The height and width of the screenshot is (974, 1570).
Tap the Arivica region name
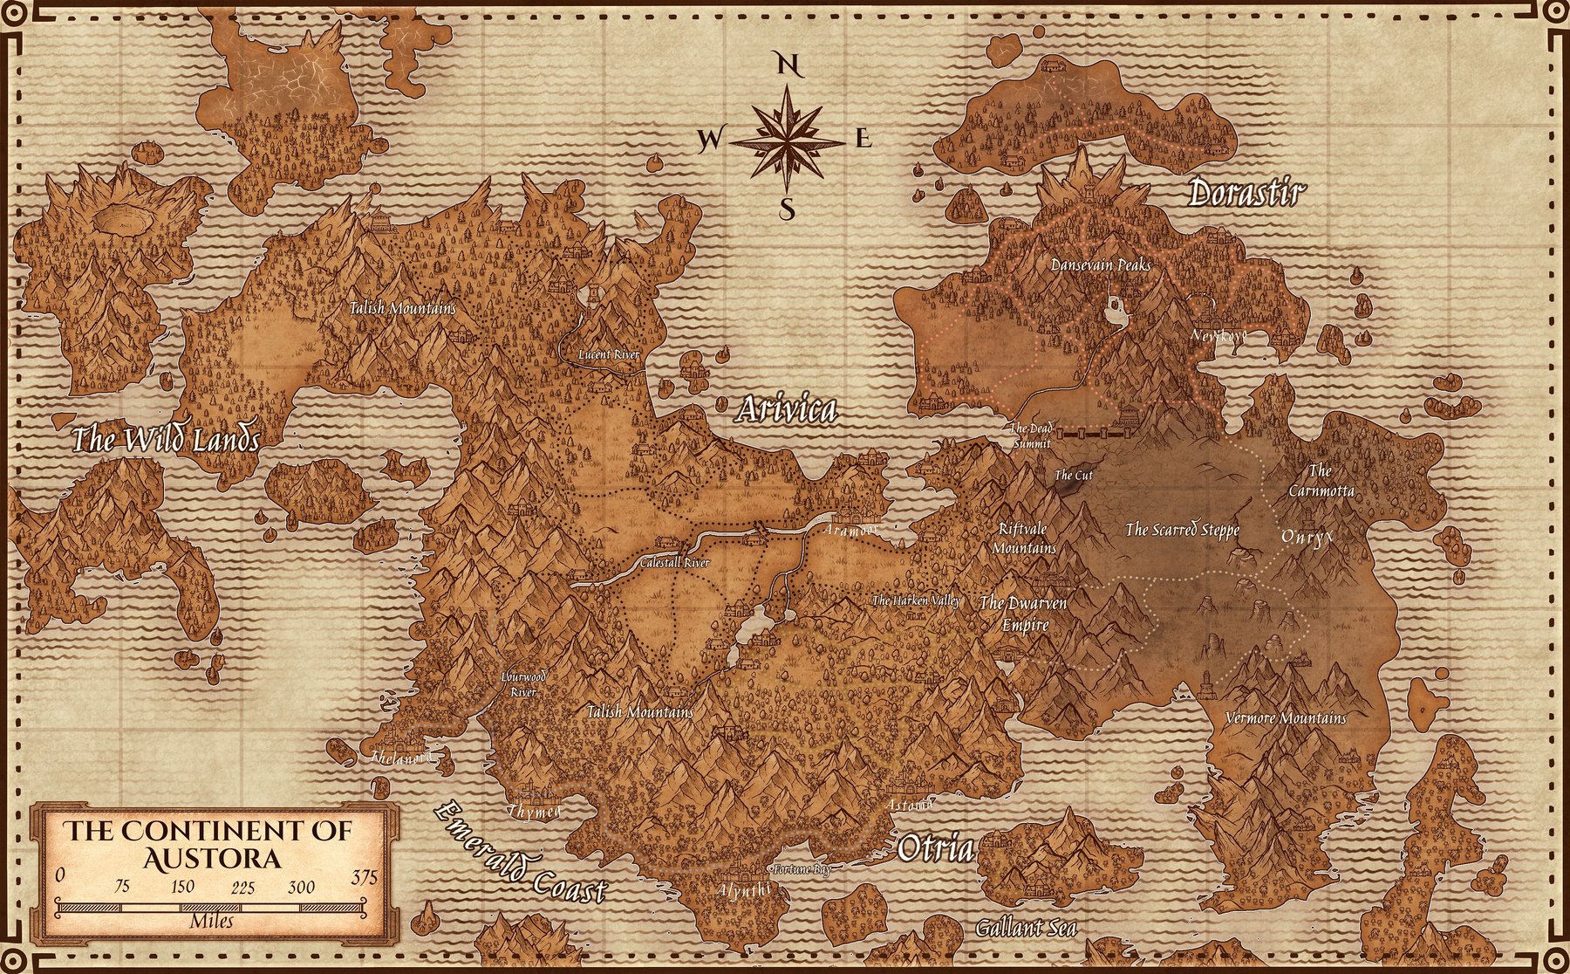(x=787, y=409)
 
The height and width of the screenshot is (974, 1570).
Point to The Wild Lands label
(x=166, y=440)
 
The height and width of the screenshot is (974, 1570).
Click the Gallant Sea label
(x=1025, y=928)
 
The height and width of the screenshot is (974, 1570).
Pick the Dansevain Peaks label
(x=1101, y=264)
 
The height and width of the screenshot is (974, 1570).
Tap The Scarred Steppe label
(x=1182, y=530)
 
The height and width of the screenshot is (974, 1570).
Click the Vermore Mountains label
(x=1286, y=718)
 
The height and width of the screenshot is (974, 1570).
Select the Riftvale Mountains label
(x=1025, y=538)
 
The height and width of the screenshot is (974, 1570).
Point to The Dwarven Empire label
(x=1023, y=614)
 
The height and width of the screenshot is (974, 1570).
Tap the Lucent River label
(x=610, y=355)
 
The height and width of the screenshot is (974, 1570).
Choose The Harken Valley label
(x=916, y=600)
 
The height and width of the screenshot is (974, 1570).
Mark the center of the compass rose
(x=788, y=139)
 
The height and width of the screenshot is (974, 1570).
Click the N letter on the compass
(x=788, y=65)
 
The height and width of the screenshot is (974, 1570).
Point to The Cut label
(x=1073, y=476)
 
